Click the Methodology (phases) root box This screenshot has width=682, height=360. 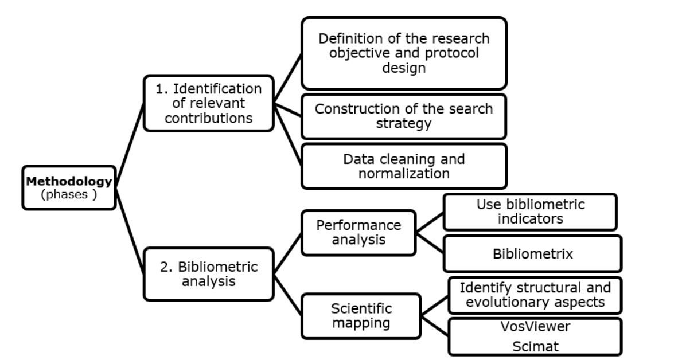click(x=69, y=187)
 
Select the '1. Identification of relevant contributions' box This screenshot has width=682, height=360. click(x=209, y=104)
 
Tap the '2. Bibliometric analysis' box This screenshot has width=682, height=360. click(x=209, y=274)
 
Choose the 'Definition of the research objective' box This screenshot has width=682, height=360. click(x=404, y=53)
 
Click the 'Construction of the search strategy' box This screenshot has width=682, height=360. click(x=404, y=116)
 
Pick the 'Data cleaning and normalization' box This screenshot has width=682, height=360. click(x=404, y=166)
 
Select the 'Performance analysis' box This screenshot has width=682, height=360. click(x=359, y=233)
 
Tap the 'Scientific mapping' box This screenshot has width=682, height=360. click(x=361, y=316)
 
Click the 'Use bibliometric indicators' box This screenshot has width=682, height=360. click(x=530, y=212)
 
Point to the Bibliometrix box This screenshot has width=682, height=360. click(x=533, y=253)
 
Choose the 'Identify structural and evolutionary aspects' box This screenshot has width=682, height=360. click(x=535, y=295)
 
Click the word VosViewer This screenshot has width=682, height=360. click(x=535, y=327)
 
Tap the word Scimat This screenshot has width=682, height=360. click(x=535, y=346)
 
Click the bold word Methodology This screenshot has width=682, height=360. click(x=69, y=181)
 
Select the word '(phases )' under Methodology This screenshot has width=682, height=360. click(x=69, y=194)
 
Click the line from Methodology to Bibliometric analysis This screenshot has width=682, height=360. click(x=130, y=231)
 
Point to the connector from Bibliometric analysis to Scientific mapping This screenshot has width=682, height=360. click(x=287, y=295)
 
